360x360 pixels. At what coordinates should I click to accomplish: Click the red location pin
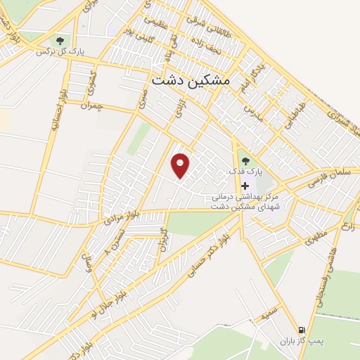(181, 165)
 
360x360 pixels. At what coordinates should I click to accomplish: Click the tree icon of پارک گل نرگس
(58, 41)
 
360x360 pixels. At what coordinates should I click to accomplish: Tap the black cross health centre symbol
(245, 186)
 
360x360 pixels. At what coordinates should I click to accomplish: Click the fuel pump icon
(301, 329)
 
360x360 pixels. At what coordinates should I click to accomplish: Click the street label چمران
(91, 107)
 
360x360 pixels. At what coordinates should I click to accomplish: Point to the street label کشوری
(91, 84)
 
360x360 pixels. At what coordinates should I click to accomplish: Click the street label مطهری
(317, 235)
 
